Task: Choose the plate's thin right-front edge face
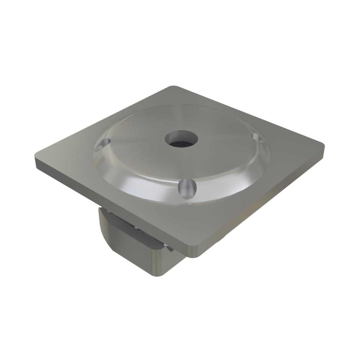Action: (262, 203)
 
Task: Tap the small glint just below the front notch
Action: (189, 203)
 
